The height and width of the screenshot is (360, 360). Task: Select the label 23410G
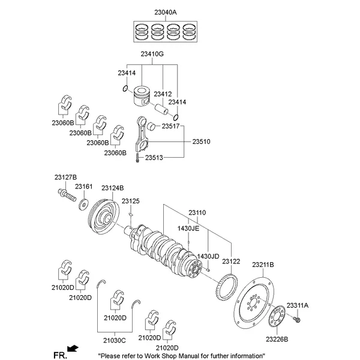click(153, 55)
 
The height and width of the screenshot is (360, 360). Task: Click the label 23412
click(163, 94)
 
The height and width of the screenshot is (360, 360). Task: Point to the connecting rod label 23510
click(201, 142)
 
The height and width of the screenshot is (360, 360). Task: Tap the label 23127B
click(65, 177)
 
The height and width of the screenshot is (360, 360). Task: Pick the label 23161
click(83, 187)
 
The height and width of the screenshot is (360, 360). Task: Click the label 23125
click(130, 201)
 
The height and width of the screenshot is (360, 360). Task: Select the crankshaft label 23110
click(197, 213)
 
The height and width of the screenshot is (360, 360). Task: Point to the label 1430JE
click(188, 229)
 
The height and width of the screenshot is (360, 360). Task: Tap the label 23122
click(231, 262)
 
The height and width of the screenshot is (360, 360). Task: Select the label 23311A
click(297, 305)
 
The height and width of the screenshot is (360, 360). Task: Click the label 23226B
click(277, 339)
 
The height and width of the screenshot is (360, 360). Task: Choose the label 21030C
click(114, 340)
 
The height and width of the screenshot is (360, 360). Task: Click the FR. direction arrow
click(73, 348)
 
